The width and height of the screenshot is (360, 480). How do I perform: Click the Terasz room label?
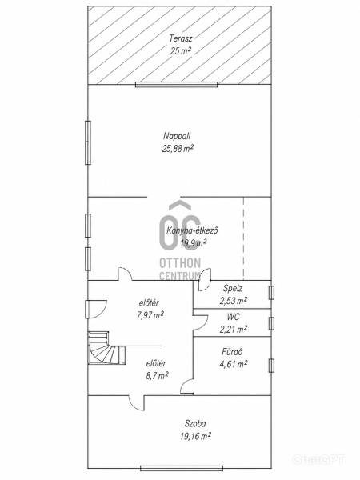pyautogui.click(x=181, y=39)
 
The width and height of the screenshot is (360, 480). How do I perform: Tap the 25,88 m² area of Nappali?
pyautogui.click(x=178, y=149)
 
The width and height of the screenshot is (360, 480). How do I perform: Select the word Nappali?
pyautogui.click(x=178, y=136)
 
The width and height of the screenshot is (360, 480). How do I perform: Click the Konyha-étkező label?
pyautogui.click(x=192, y=230)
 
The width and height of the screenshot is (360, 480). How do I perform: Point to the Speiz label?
pyautogui.click(x=233, y=288)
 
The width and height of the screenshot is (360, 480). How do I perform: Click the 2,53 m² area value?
pyautogui.click(x=234, y=301)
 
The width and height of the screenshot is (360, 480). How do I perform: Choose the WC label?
pyautogui.click(x=234, y=317)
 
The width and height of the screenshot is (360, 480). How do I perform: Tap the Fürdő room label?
pyautogui.click(x=232, y=352)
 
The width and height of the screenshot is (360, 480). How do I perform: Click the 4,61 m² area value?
pyautogui.click(x=234, y=364)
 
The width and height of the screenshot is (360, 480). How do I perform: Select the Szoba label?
pyautogui.click(x=195, y=424)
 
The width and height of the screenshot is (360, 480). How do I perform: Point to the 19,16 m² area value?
pyautogui.click(x=196, y=436)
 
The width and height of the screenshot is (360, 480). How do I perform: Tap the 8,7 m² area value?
pyautogui.click(x=157, y=376)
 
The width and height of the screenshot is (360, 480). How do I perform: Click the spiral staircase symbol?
pyautogui.click(x=107, y=348)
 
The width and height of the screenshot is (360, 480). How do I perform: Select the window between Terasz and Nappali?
pyautogui.click(x=176, y=85)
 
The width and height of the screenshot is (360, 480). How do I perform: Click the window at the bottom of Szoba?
pyautogui.click(x=182, y=468)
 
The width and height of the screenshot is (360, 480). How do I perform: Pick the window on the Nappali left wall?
pyautogui.click(x=88, y=142)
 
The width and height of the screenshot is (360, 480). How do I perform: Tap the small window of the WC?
pyautogui.click(x=271, y=323)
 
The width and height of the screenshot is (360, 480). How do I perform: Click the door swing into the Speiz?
pyautogui.click(x=204, y=279)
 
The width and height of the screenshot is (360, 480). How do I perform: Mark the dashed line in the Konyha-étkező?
pyautogui.click(x=244, y=238)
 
